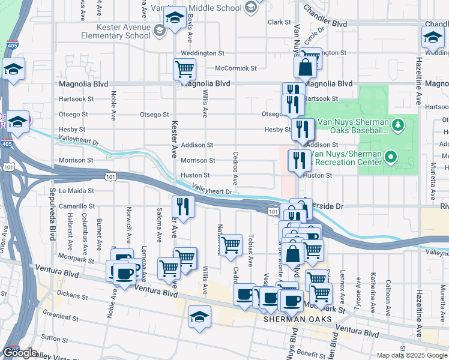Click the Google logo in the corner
coord(20,353)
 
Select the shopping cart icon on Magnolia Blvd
coord(184,69)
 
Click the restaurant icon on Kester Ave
coord(184,207)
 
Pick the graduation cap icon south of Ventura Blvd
coord(199,317)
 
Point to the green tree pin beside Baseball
coord(398,125)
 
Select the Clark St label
coord(279,22)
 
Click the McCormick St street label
coord(235,68)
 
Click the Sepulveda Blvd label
coord(53,223)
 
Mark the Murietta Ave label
coord(433,183)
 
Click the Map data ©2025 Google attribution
coord(411,355)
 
